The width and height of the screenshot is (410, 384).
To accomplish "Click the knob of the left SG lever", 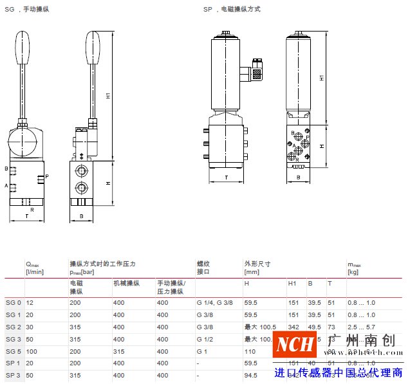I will coord(24,46).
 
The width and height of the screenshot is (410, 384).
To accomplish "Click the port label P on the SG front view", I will coord(47,176).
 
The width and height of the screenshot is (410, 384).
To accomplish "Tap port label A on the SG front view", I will coord(6,186).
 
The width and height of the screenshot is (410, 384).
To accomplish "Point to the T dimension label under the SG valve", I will coord(26,217).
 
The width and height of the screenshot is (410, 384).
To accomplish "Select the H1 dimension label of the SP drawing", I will coord(322,77).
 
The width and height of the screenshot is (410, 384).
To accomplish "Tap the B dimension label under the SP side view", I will coord(299,176).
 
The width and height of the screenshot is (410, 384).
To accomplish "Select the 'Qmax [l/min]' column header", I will coord(35,268).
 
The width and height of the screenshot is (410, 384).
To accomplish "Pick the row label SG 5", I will coord(14,351).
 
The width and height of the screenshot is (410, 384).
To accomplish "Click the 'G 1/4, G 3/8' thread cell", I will coord(215,302).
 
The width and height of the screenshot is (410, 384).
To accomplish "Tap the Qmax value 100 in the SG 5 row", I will coord(31,351).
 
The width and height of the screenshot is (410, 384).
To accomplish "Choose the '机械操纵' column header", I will coord(126,283).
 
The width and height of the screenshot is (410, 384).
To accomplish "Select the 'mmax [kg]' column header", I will coord(354,268).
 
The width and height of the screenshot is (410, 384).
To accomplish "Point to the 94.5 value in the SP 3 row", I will coord(251,376).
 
